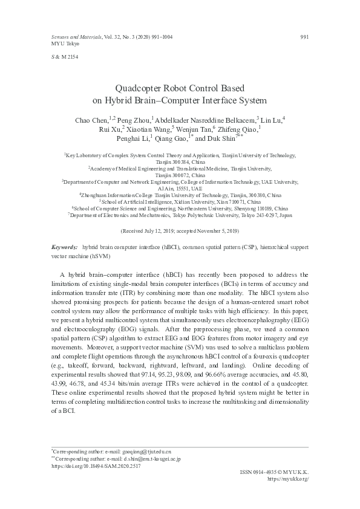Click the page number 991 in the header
304,37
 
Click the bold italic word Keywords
64,248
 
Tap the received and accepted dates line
180,231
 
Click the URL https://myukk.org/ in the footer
288,479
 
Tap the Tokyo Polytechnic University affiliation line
180,214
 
